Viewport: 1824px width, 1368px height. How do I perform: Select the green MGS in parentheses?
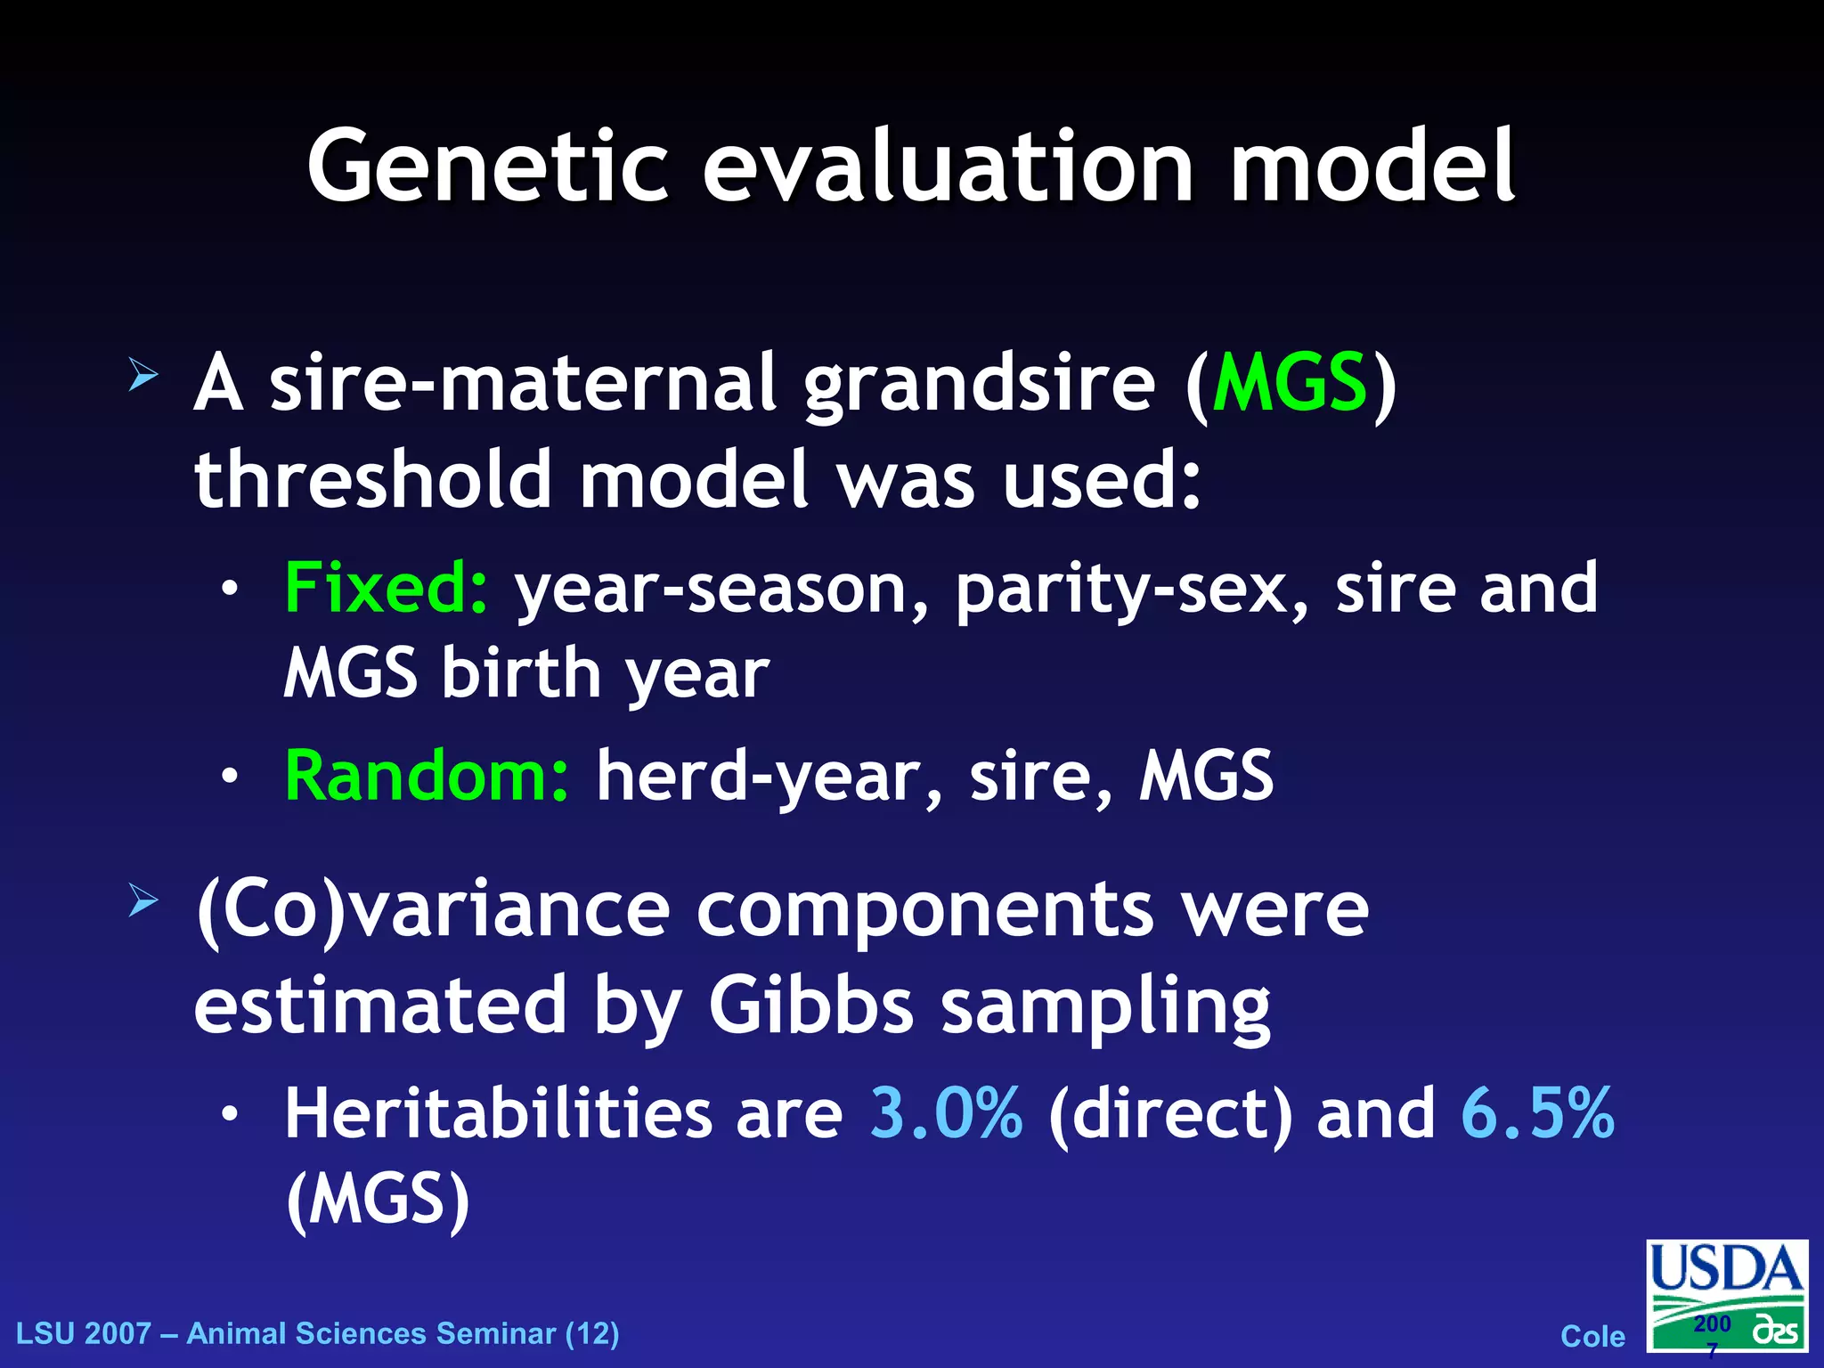pos(1290,383)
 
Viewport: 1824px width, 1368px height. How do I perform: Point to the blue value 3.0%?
pos(946,1113)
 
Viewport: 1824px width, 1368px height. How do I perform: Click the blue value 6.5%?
pos(1537,1113)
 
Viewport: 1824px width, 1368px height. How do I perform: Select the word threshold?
pos(374,481)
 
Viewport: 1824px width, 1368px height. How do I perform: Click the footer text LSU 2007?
pos(84,1334)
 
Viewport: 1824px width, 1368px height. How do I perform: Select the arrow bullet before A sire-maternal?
pos(142,374)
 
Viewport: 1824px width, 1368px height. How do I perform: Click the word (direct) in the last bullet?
pos(1170,1115)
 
